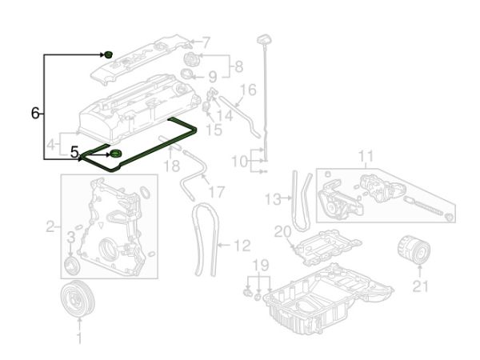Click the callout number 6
[x=35, y=114]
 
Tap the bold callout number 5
[x=74, y=150]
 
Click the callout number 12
[x=242, y=246]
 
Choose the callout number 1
[x=78, y=340]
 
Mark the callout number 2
[x=51, y=227]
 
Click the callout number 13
[x=273, y=197]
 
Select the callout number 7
[x=206, y=42]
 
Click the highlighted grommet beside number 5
[x=115, y=154]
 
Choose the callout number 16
[x=248, y=89]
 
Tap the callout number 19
[x=258, y=265]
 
